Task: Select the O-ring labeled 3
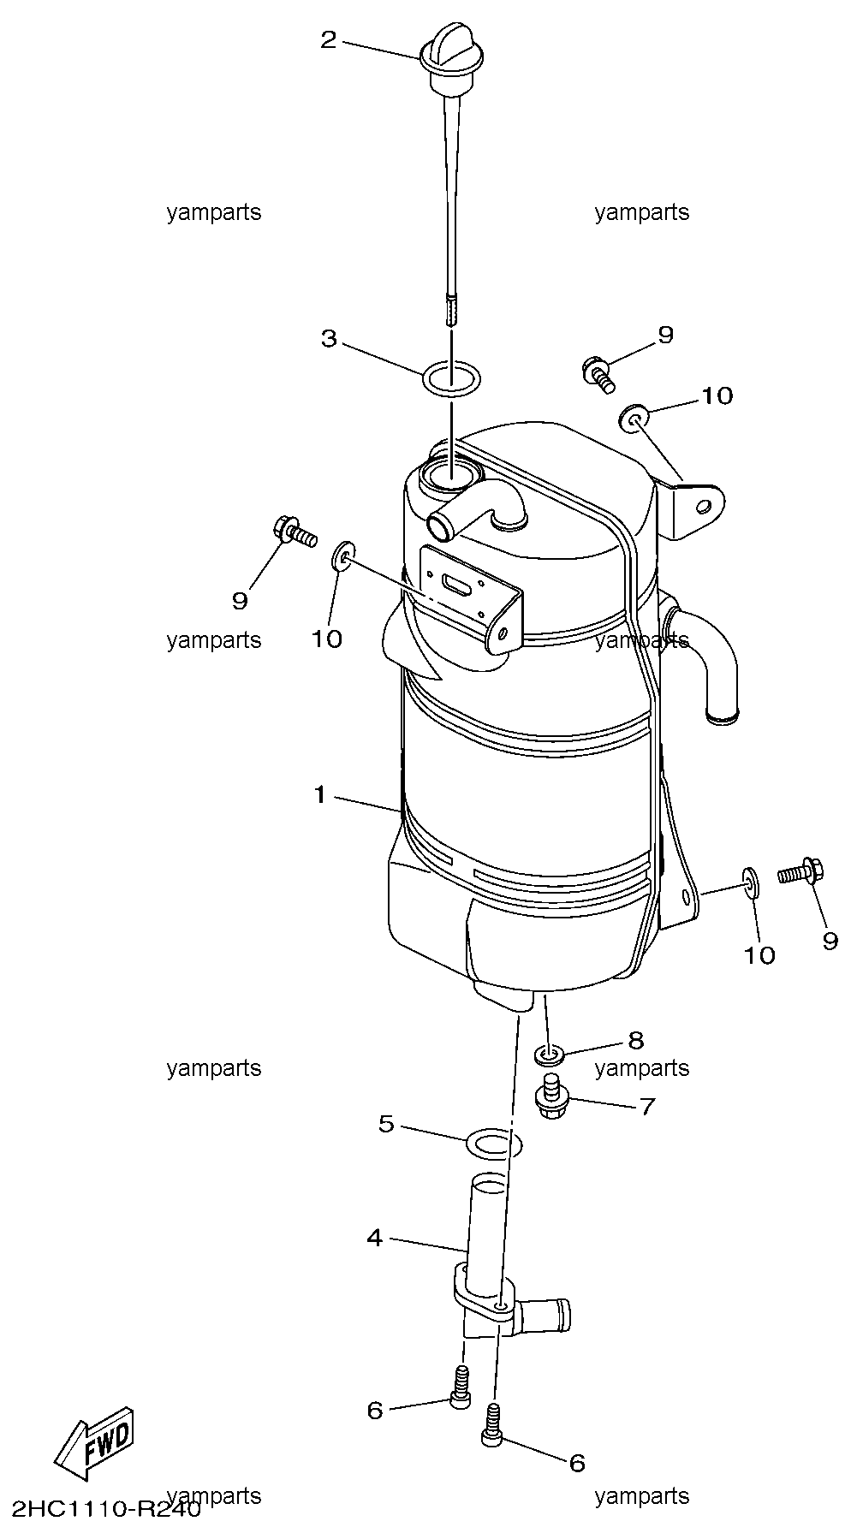point(451,377)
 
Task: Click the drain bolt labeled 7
point(550,1100)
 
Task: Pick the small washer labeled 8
point(549,1053)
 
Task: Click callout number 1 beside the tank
point(320,796)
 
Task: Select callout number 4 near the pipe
point(374,1238)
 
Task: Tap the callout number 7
point(646,1107)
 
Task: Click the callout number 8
point(635,1040)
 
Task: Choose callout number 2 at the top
point(329,39)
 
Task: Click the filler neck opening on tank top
point(450,473)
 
